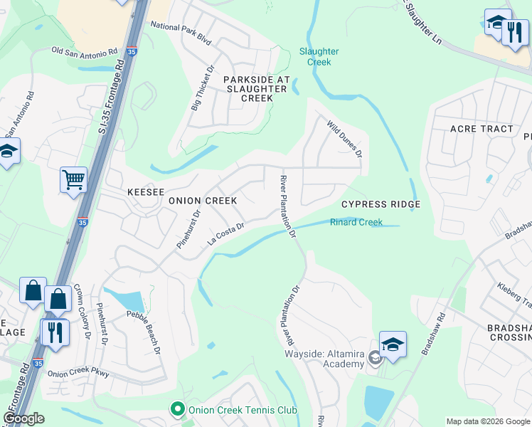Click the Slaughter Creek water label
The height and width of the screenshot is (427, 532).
point(319,56)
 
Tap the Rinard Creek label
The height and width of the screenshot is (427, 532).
point(356,223)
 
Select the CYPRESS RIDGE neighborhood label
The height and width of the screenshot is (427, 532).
point(381,204)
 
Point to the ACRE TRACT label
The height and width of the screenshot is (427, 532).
point(482,129)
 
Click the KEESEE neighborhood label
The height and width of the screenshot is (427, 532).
point(145,192)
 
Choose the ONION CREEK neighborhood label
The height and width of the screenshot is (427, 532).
point(202,201)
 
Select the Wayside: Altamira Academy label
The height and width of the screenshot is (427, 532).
point(324,359)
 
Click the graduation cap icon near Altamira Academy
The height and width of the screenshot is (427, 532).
point(393,344)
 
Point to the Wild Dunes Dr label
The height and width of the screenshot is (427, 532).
point(345,139)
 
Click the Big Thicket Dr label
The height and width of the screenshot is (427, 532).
point(201,89)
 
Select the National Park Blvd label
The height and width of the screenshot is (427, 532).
point(182,33)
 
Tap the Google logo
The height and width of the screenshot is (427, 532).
point(23,418)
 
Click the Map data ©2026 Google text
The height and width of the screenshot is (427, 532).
point(487,421)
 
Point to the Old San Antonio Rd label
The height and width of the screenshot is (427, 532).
point(85,51)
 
